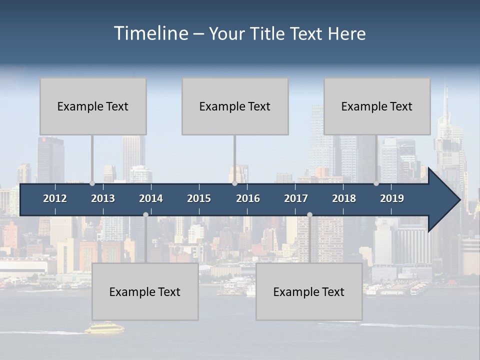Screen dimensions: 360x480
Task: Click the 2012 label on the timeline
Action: pyautogui.click(x=55, y=198)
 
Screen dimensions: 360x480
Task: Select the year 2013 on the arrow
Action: pyautogui.click(x=103, y=198)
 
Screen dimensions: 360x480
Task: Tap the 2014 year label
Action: pyautogui.click(x=151, y=198)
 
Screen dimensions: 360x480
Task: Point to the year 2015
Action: pyautogui.click(x=199, y=198)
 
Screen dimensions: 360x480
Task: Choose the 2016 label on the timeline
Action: pyautogui.click(x=248, y=198)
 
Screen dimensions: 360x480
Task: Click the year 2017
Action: pyautogui.click(x=296, y=198)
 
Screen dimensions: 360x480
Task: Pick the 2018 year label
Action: pyautogui.click(x=344, y=198)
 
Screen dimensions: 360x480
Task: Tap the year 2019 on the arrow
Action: pyautogui.click(x=392, y=198)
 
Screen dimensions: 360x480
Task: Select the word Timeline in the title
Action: pyautogui.click(x=151, y=33)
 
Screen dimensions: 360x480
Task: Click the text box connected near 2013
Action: pyautogui.click(x=93, y=106)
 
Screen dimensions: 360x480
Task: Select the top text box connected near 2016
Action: pyautogui.click(x=235, y=106)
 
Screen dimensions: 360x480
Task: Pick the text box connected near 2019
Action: pyautogui.click(x=377, y=106)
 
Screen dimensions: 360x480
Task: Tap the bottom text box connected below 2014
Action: pyautogui.click(x=145, y=291)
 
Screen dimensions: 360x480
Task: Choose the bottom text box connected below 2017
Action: pyautogui.click(x=309, y=291)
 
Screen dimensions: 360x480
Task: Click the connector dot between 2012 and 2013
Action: pyautogui.click(x=92, y=183)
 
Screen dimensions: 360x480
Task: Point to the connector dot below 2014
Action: pyautogui.click(x=145, y=214)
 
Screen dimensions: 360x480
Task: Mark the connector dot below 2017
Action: pyautogui.click(x=309, y=214)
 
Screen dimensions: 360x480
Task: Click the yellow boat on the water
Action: pyautogui.click(x=104, y=328)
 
